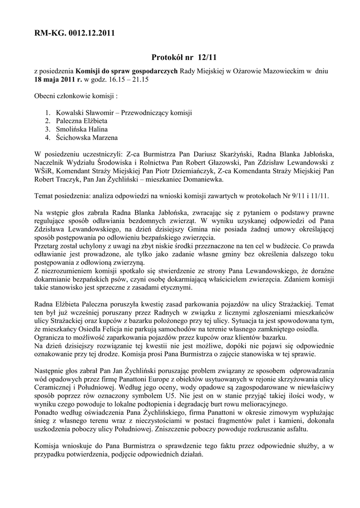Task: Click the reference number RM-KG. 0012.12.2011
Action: [75, 34]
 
